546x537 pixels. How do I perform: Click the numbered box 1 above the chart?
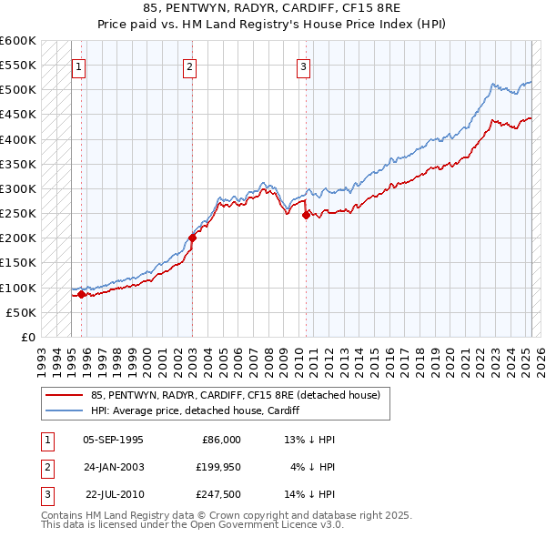click(78, 66)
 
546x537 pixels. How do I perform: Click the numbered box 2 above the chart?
click(189, 66)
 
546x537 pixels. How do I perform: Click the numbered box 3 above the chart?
click(303, 66)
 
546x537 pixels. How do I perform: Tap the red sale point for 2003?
click(192, 238)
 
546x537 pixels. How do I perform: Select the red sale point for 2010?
click(306, 215)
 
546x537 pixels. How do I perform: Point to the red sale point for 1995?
click(81, 294)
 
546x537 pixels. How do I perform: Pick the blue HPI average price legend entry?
click(195, 410)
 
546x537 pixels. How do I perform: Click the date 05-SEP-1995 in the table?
click(113, 440)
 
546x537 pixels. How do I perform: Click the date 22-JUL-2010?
click(114, 494)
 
